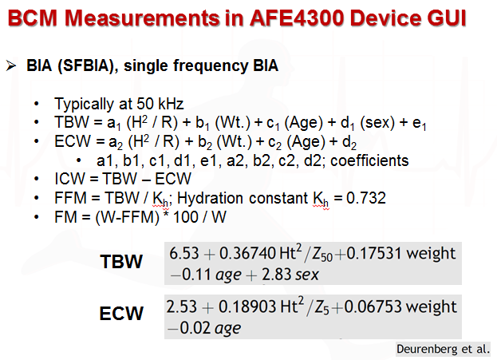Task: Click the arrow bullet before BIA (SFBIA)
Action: pos(13,67)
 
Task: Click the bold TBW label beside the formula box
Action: pos(122,262)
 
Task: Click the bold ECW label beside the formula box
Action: pos(122,313)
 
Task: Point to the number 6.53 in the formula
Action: pos(183,253)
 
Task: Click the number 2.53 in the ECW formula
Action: pos(183,307)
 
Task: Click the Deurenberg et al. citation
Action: pos(444,349)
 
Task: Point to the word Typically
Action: pos(84,105)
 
